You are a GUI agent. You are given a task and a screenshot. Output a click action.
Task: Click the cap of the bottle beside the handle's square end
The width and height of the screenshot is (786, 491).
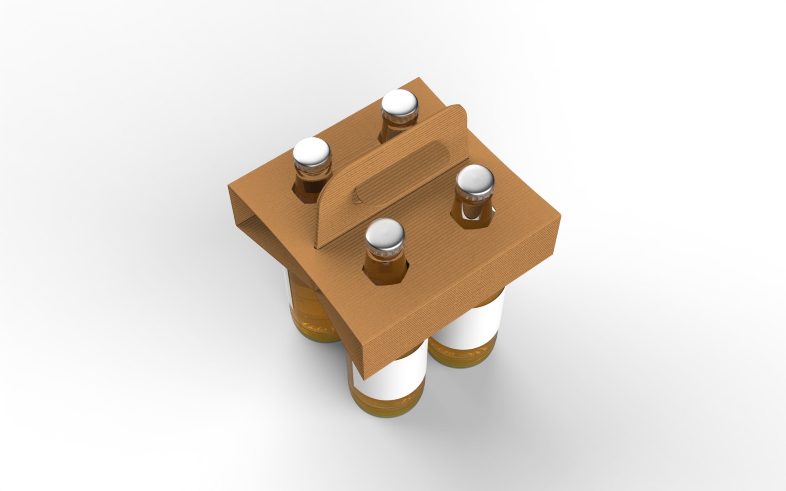(x=475, y=179)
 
